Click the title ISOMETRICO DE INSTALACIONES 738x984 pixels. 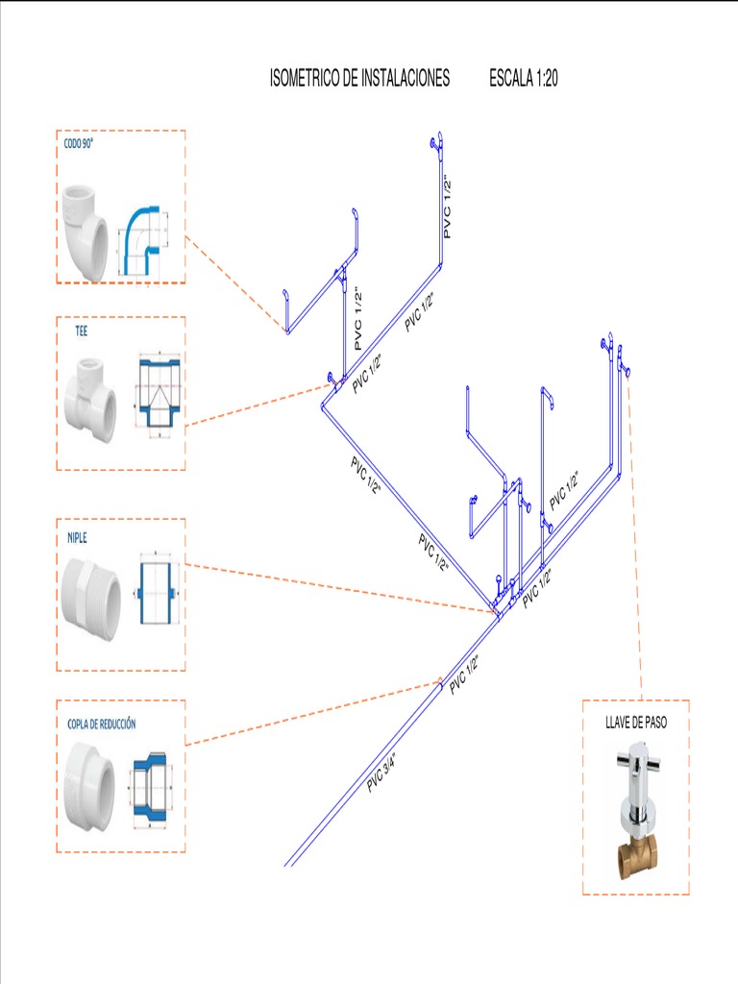coord(359,80)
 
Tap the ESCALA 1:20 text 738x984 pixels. coord(523,80)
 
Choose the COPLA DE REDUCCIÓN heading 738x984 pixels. coord(101,723)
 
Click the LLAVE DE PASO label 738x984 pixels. coord(635,723)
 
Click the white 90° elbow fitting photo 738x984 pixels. coord(86,231)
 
